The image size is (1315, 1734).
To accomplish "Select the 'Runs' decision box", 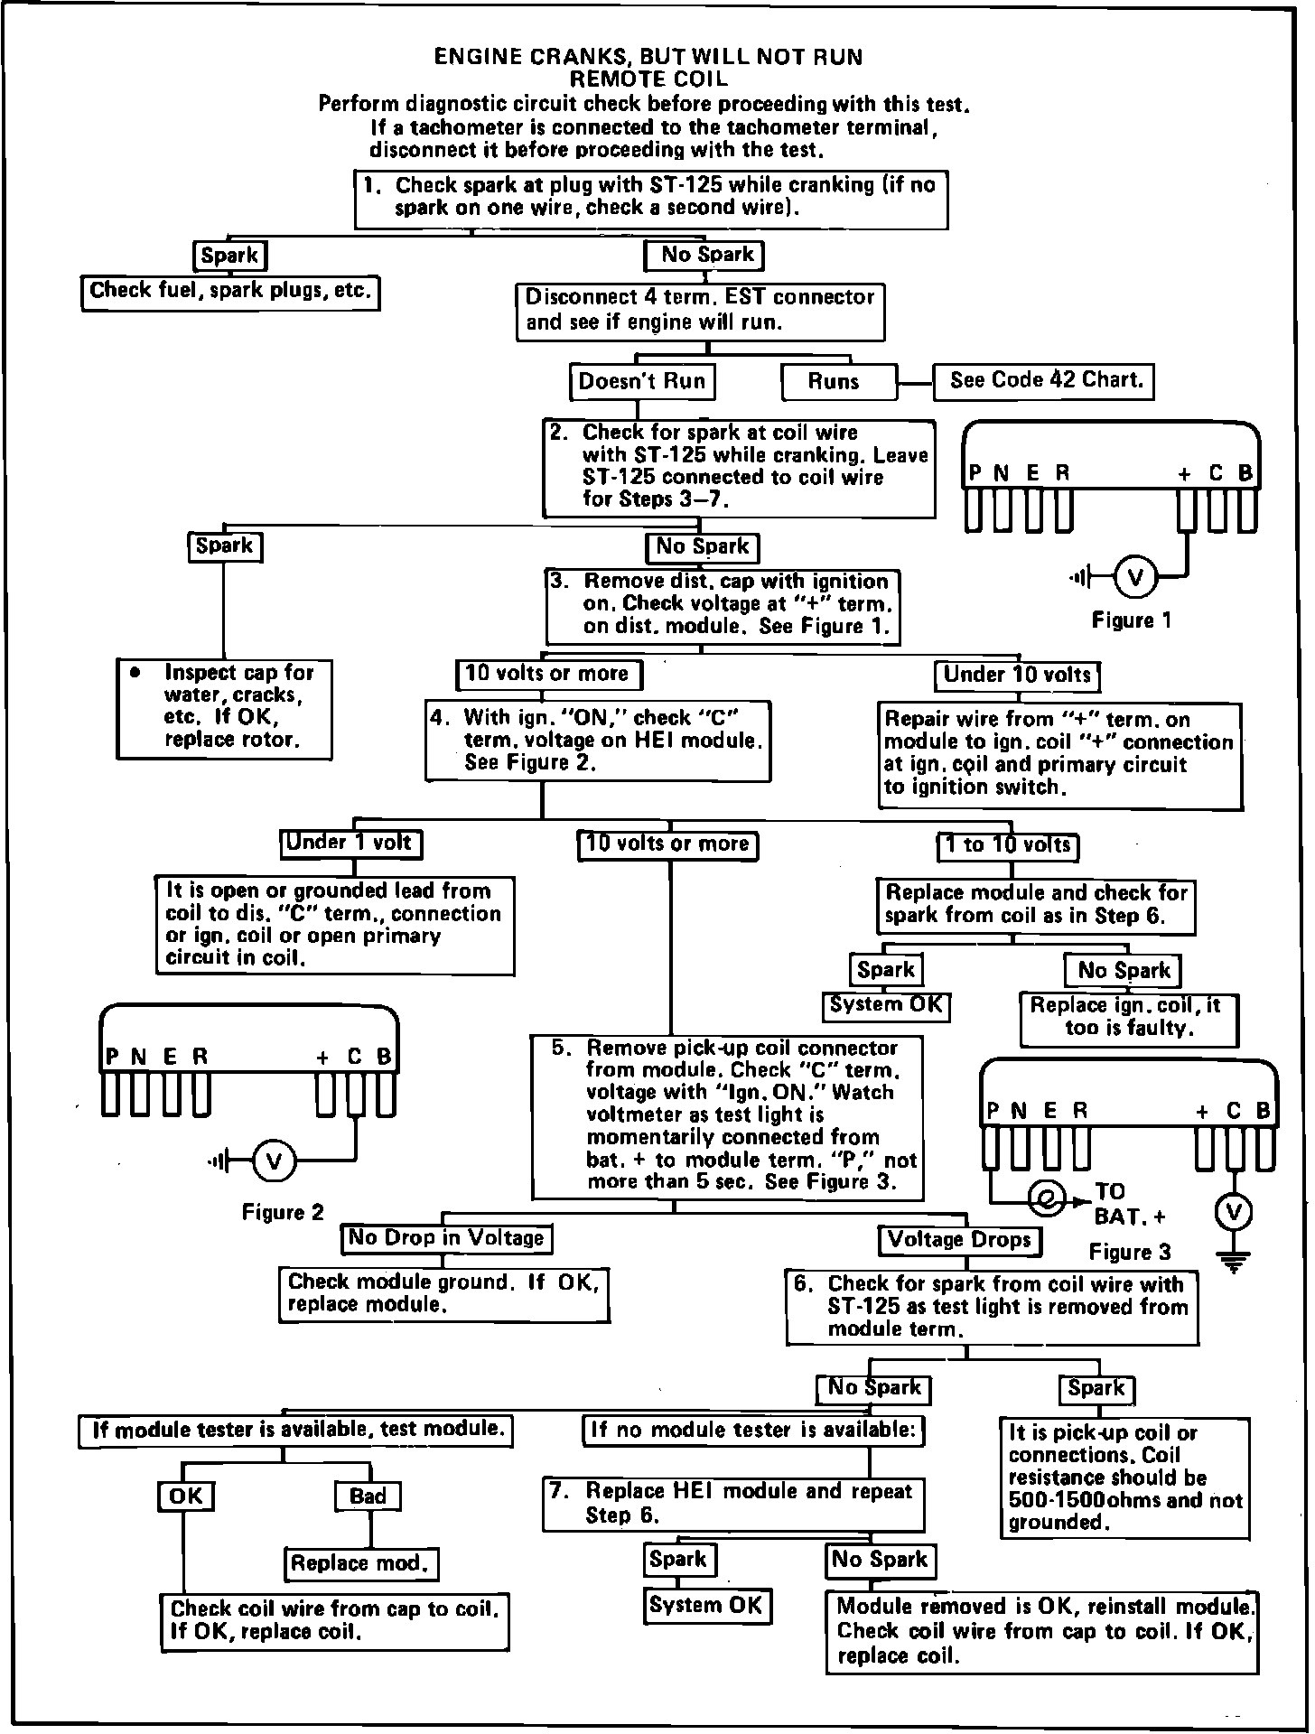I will [x=838, y=382].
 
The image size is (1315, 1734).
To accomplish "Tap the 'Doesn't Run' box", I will [x=642, y=381].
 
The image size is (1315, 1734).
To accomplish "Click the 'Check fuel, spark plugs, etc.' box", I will [x=230, y=292].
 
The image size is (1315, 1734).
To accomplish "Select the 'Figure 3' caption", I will [x=1130, y=1252].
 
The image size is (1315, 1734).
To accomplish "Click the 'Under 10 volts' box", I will [x=1017, y=675].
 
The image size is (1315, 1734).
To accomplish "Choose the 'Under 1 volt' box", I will [x=350, y=844].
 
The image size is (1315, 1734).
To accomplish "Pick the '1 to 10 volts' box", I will [x=1008, y=845].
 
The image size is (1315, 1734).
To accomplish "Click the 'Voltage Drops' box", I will [x=960, y=1240].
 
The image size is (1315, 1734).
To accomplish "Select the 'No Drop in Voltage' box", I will [x=447, y=1238].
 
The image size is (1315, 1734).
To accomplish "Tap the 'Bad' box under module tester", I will [x=368, y=1496].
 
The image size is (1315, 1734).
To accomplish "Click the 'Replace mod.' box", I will [x=361, y=1563].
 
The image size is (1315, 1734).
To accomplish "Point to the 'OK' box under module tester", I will [x=186, y=1496].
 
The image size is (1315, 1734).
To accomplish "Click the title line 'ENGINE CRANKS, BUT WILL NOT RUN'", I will [x=648, y=57].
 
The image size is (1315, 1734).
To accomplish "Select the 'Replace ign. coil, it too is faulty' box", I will [x=1128, y=1018].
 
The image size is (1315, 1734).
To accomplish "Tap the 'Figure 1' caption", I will [x=1131, y=620].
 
